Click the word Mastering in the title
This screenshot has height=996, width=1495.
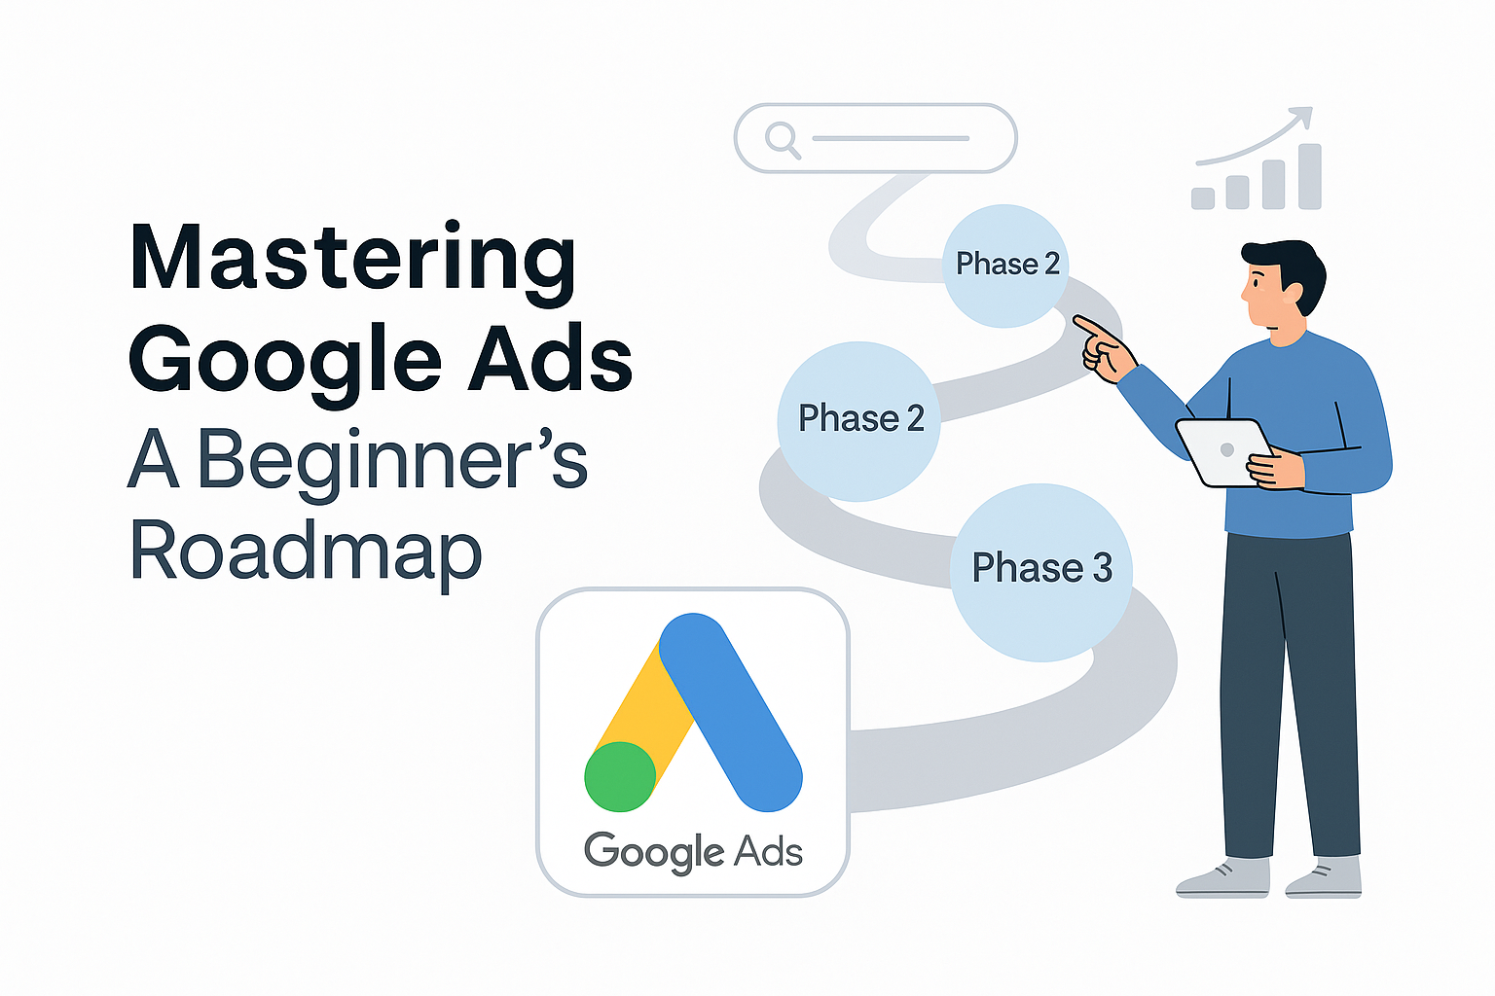click(352, 258)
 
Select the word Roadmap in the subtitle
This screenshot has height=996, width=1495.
click(305, 551)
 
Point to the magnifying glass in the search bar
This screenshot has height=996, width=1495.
click(781, 138)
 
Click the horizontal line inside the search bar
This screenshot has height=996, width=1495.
click(891, 138)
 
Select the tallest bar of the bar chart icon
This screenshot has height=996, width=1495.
click(1309, 176)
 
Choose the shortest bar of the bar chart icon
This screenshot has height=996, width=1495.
click(1203, 197)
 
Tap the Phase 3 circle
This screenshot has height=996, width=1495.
click(1041, 572)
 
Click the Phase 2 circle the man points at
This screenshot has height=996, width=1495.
click(1006, 265)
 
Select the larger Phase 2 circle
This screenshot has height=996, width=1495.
click(859, 420)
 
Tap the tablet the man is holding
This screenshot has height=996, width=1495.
click(1222, 450)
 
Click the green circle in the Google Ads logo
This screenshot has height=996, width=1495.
click(620, 776)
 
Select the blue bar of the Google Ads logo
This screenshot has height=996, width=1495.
click(731, 710)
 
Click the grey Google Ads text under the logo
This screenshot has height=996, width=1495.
click(693, 852)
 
